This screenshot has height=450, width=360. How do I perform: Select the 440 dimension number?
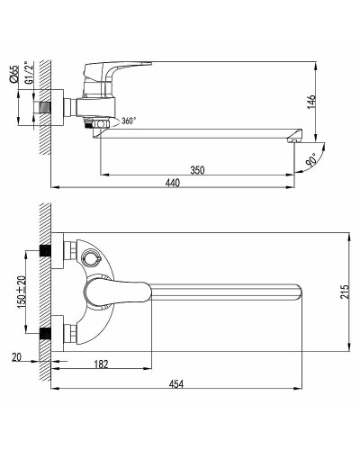172,183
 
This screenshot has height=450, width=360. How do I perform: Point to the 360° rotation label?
128,121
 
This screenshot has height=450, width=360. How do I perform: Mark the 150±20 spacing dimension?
21,290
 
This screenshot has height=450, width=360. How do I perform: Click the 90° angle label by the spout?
311,162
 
